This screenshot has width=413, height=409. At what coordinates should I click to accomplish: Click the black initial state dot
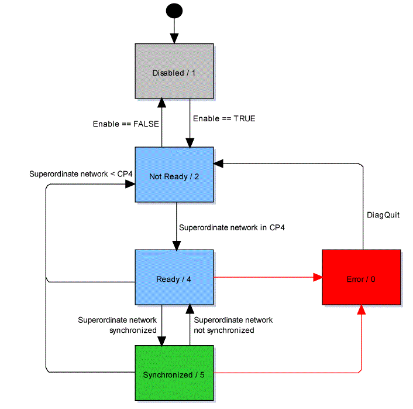click(x=174, y=11)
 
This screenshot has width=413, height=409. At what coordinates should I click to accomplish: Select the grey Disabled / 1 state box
click(x=174, y=71)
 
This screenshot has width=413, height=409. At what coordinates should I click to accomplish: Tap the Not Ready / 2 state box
click(x=174, y=174)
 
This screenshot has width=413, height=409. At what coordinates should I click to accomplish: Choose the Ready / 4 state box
click(x=174, y=277)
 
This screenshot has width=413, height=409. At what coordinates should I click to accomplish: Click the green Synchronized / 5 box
click(x=174, y=373)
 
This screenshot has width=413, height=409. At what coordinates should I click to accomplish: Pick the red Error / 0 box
click(x=361, y=277)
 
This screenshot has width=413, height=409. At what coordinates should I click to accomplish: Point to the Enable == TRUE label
click(x=224, y=118)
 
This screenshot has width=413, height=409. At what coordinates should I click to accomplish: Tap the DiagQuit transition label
click(x=383, y=215)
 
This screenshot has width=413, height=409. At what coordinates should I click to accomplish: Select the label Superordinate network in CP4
click(x=231, y=227)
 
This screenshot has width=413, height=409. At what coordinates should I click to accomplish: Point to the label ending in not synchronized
click(x=233, y=325)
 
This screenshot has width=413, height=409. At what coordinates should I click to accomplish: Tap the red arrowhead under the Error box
click(x=362, y=310)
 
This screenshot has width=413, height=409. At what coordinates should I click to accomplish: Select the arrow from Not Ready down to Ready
click(x=175, y=226)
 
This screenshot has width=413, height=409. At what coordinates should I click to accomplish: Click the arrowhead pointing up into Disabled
click(x=161, y=104)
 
